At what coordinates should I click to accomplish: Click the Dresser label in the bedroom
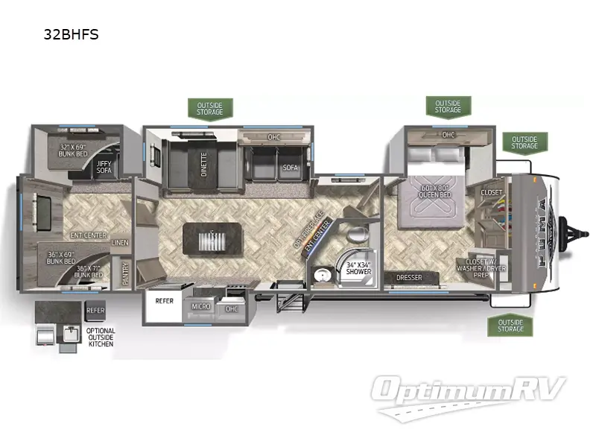pyautogui.click(x=409, y=278)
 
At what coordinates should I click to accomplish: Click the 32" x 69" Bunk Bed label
pyautogui.click(x=74, y=150)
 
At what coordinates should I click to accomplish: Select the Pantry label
pyautogui.click(x=125, y=273)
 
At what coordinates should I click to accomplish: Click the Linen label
pyautogui.click(x=120, y=242)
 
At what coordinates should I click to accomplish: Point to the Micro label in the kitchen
pyautogui.click(x=200, y=306)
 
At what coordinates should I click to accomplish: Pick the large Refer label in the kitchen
pyautogui.click(x=164, y=302)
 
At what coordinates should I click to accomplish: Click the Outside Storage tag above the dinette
pyautogui.click(x=210, y=109)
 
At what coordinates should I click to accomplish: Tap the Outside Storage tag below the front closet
pyautogui.click(x=511, y=326)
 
